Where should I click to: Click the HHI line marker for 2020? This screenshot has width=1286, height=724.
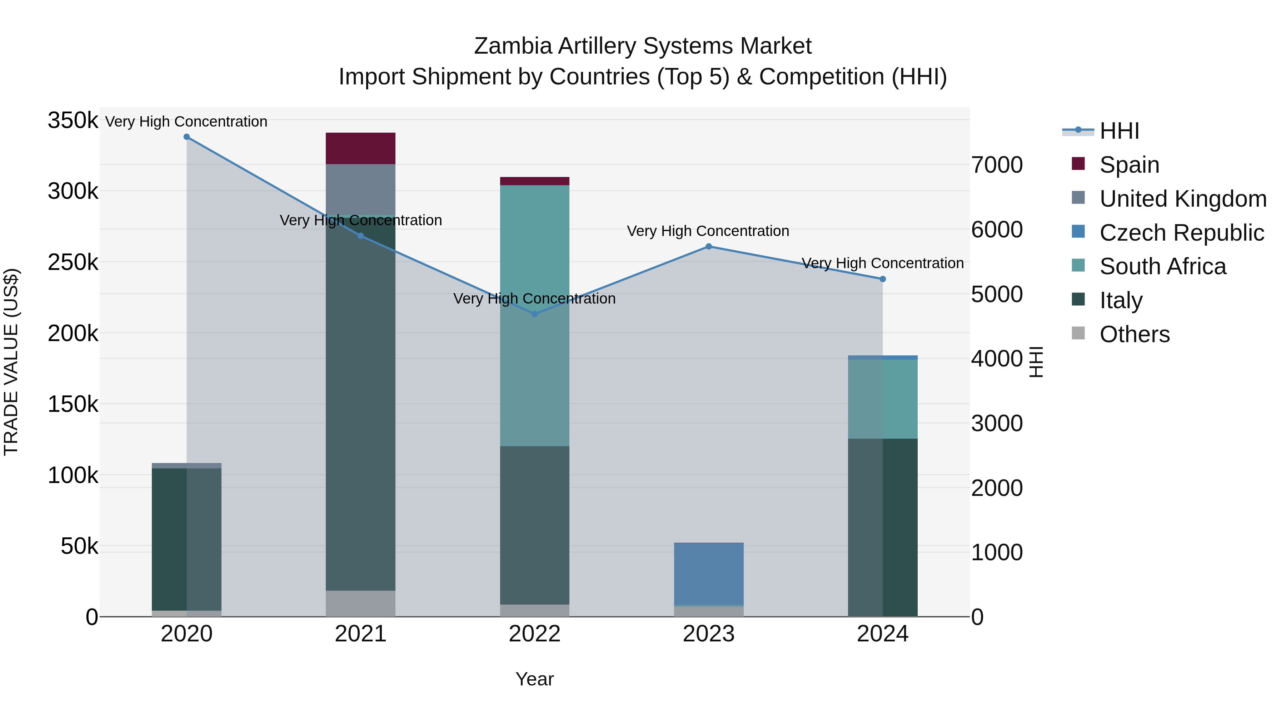click(x=187, y=137)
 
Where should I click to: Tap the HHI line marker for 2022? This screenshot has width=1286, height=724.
click(x=535, y=314)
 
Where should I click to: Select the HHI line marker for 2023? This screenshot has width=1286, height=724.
click(x=708, y=246)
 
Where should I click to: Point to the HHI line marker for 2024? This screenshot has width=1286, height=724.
click(x=883, y=279)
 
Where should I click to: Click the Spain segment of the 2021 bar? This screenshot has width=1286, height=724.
click(x=360, y=148)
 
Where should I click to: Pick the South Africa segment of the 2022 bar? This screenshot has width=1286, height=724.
click(x=535, y=315)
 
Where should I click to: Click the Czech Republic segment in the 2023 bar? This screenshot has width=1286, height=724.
click(x=708, y=573)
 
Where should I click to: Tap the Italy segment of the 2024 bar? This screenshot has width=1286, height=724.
click(x=883, y=527)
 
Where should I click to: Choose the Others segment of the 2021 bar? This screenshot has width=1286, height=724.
click(x=360, y=604)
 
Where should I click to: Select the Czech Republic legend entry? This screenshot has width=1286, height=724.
click(x=1181, y=233)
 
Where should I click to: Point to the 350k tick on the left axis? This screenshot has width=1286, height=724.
click(x=73, y=120)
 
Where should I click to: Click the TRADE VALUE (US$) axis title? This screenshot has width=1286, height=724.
click(x=11, y=362)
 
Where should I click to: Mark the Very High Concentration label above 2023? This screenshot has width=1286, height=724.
click(x=708, y=231)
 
